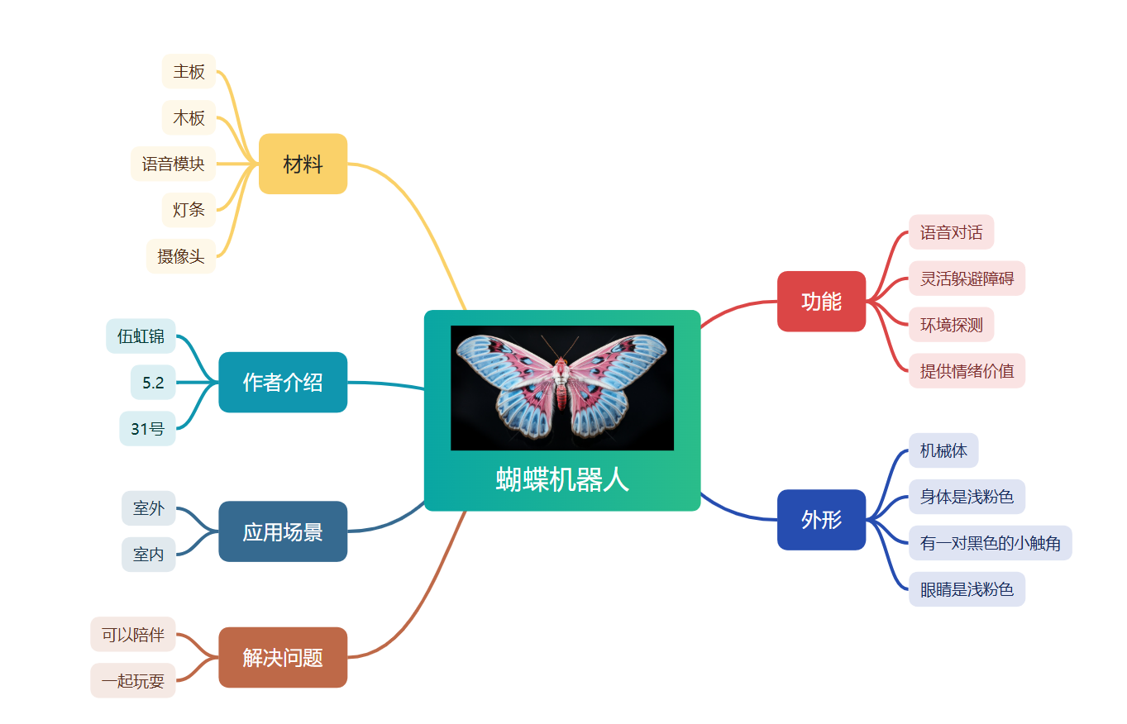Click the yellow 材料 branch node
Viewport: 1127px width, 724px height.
click(x=303, y=164)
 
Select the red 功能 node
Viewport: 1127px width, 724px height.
click(x=821, y=301)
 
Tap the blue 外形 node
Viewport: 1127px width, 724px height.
click(x=821, y=519)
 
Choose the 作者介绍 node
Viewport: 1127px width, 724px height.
click(x=283, y=382)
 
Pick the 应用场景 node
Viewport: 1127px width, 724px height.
click(x=283, y=531)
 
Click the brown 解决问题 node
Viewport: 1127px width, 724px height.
click(x=283, y=657)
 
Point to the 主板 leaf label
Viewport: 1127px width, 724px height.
click(x=189, y=71)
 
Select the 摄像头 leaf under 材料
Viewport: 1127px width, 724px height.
click(x=180, y=256)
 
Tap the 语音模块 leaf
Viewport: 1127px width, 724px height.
click(x=173, y=164)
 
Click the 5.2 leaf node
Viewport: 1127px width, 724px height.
click(x=153, y=383)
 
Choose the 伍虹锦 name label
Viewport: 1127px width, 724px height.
click(x=141, y=336)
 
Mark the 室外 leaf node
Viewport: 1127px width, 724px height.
click(x=149, y=508)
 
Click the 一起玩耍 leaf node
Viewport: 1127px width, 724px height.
click(x=133, y=681)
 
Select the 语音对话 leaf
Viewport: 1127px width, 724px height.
click(x=952, y=232)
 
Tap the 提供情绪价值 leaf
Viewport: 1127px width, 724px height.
click(x=967, y=371)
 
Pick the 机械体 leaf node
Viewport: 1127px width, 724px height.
click(x=943, y=450)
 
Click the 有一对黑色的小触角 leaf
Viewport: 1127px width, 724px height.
click(x=990, y=543)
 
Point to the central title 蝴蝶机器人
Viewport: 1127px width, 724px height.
click(x=562, y=479)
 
